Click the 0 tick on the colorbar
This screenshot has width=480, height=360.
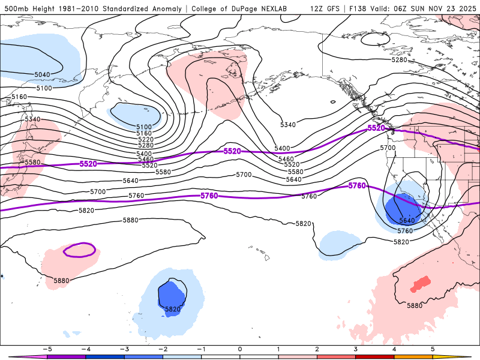pos(240,348)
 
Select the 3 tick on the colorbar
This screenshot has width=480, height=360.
pos(356,348)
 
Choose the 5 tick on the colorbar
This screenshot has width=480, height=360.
pos(433,348)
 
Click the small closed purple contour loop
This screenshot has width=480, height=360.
pos(79,249)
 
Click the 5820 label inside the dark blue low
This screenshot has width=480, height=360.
pos(172,309)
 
